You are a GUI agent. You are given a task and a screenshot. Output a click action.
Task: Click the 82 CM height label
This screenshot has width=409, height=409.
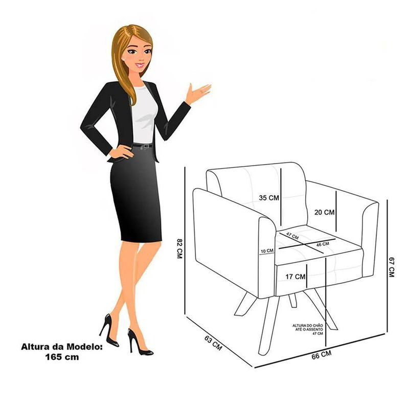point(179,248)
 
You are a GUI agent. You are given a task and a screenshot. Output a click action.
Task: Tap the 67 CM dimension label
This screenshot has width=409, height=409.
point(392,267)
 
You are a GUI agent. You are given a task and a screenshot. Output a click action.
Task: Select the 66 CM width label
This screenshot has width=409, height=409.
point(322,355)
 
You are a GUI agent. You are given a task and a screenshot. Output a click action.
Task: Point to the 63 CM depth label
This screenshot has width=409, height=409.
point(213,343)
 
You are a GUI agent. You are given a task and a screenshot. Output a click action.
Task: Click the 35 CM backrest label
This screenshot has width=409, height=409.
point(269,198)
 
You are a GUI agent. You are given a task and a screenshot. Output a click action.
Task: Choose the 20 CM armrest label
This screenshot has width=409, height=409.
point(324,212)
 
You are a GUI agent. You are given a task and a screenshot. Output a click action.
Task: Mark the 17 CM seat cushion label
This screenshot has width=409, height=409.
point(296,277)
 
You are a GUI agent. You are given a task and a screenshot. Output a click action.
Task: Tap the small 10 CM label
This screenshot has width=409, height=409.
point(267,251)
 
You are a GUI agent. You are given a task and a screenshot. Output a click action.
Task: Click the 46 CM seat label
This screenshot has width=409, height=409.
point(323,244)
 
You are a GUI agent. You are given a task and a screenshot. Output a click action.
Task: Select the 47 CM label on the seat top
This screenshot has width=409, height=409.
point(292,236)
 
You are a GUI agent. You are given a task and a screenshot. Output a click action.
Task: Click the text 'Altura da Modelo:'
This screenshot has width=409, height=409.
point(62,347)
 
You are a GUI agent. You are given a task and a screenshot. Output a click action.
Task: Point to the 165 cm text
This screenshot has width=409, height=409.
point(62,357)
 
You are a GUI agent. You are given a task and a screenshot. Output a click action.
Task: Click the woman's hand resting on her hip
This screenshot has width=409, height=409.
point(121,152)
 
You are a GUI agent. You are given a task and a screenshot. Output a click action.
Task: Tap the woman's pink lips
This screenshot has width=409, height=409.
point(140,65)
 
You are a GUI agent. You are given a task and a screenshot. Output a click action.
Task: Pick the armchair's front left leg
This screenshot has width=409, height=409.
point(268,326)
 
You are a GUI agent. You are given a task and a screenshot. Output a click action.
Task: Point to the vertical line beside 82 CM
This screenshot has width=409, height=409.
point(185,241)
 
